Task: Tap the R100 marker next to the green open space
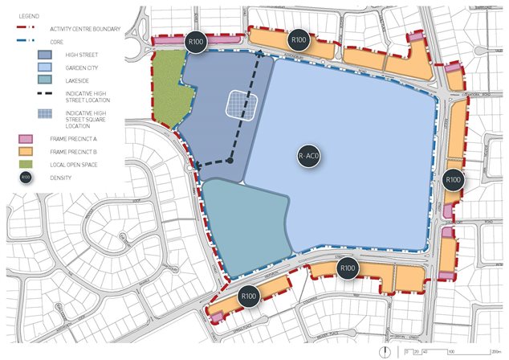click(x=195, y=43)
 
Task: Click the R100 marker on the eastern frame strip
click(x=453, y=180)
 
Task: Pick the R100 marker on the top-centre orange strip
click(x=299, y=39)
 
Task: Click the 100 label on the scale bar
click(x=451, y=351)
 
